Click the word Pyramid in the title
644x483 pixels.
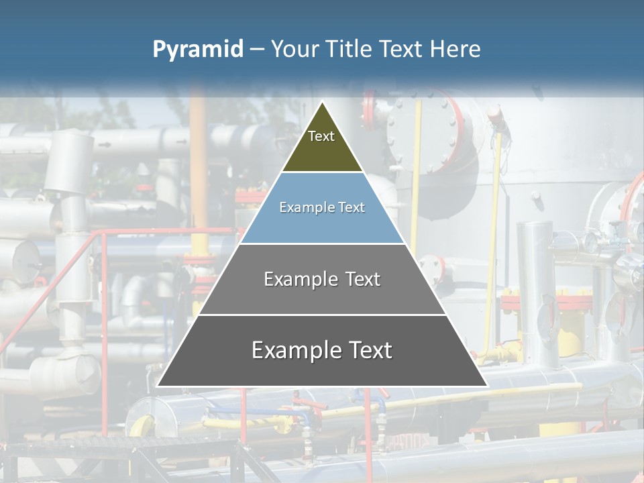198,50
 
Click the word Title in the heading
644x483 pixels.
350,50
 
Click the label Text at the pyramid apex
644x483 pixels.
321,136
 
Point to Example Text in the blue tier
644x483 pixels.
322,207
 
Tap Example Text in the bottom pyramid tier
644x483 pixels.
322,350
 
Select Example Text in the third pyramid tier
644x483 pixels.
322,279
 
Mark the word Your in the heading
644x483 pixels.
294,50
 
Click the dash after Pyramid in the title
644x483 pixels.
257,50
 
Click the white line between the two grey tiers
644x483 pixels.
322,315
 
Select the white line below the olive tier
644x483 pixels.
322,172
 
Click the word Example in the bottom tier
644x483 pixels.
292,350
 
